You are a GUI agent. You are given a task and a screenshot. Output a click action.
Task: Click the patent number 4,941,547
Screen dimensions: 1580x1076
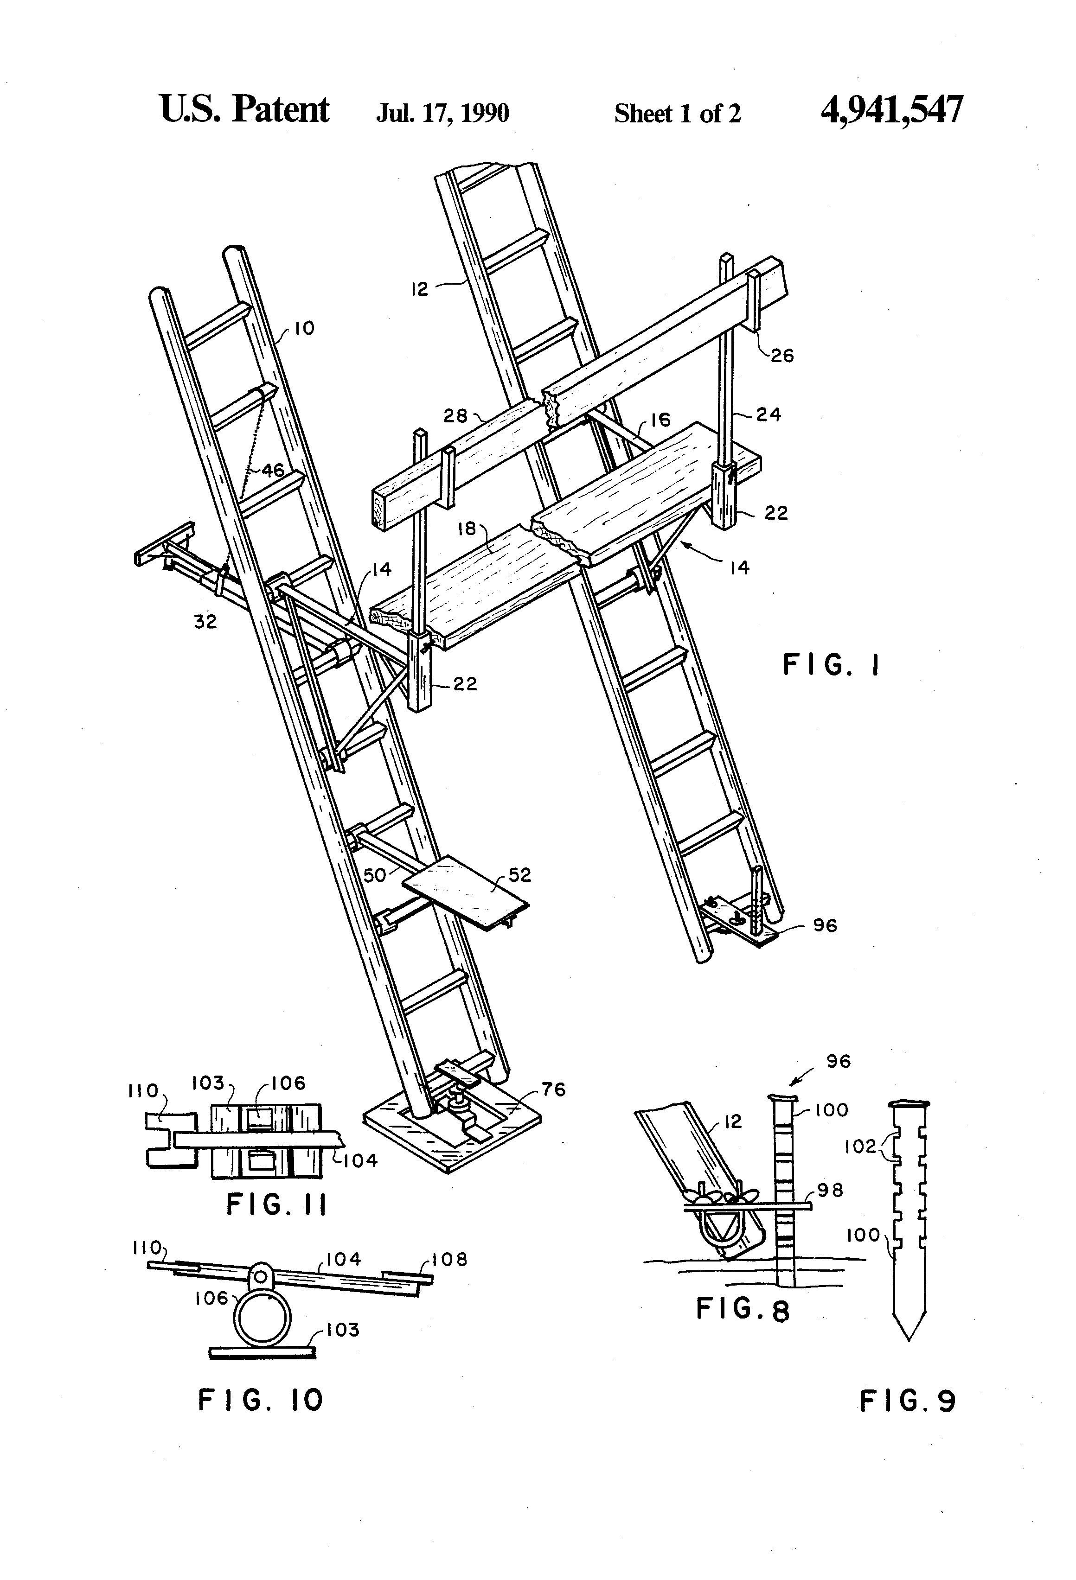[x=892, y=110]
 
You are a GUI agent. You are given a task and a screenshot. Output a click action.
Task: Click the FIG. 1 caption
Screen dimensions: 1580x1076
[x=831, y=665]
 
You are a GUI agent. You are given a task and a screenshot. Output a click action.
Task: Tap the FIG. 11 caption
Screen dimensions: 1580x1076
[x=276, y=1205]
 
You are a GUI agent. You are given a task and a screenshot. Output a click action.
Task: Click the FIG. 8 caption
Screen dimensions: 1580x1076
[x=743, y=1309]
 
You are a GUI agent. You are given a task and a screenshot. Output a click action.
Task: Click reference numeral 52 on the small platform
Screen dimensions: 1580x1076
[x=519, y=875]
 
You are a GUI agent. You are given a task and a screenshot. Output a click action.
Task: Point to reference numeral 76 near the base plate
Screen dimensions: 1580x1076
[x=554, y=1090]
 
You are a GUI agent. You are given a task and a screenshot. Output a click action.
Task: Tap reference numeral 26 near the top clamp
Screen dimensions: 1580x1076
[x=782, y=356]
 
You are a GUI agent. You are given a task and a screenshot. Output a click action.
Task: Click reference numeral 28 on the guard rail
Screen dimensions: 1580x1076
[x=456, y=415]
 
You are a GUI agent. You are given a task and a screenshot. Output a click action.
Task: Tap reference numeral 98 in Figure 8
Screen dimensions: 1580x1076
[x=831, y=1190]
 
